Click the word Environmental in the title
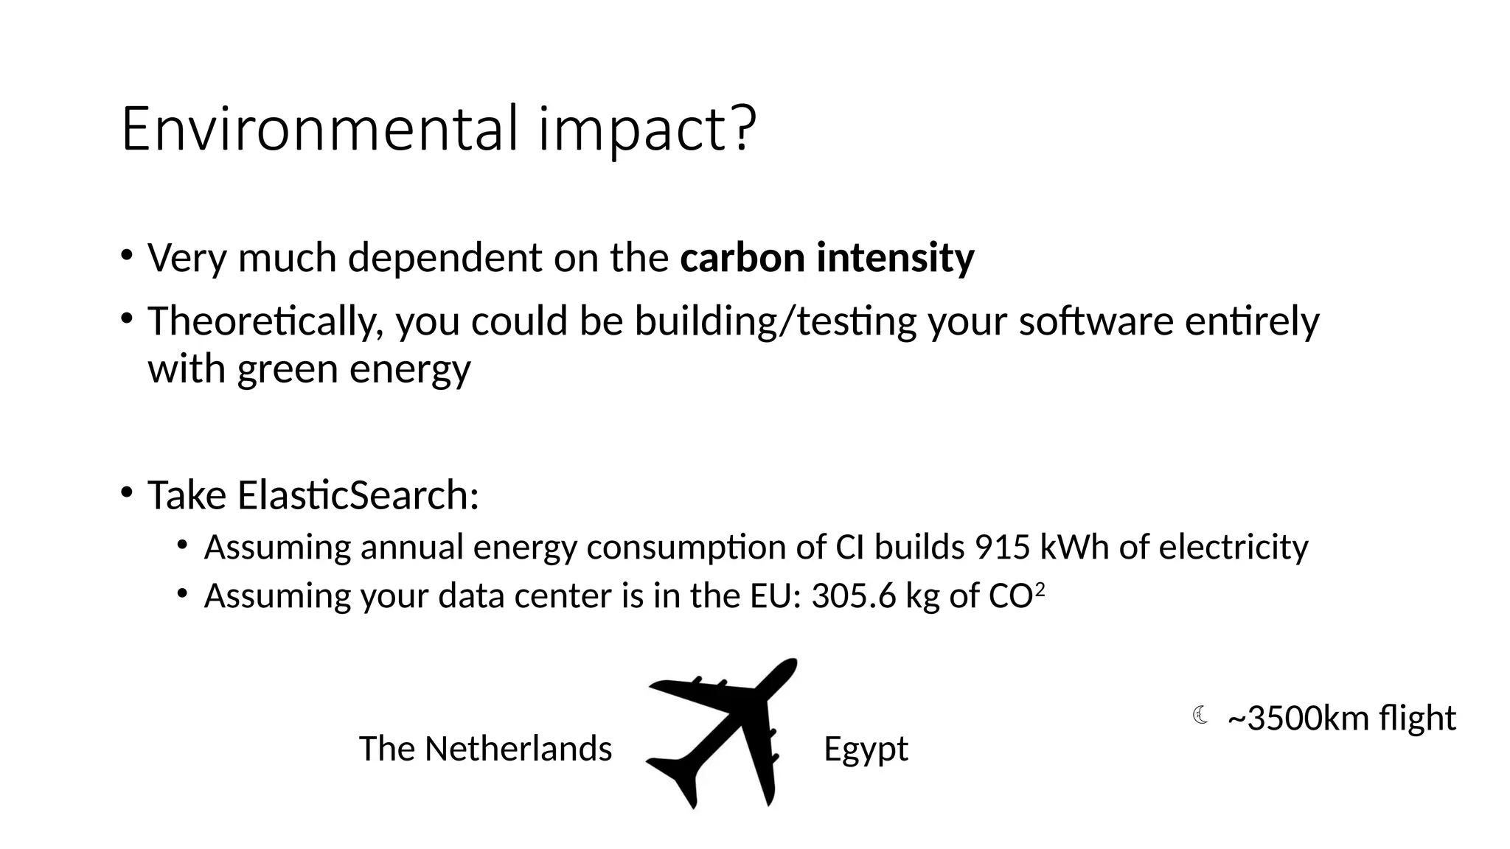(319, 129)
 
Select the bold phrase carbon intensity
(827, 258)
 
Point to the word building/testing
(775, 321)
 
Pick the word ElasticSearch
(358, 495)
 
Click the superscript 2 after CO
(1040, 589)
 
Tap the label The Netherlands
(485, 749)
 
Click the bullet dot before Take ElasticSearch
(127, 492)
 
